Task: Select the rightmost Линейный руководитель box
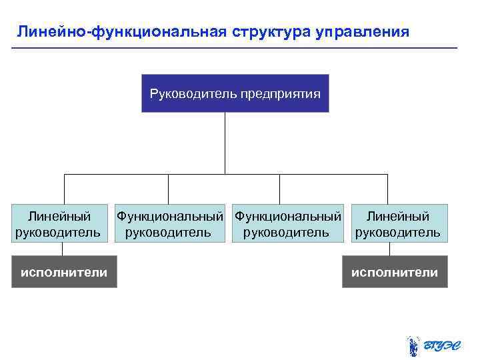397,223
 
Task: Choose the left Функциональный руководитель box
169,223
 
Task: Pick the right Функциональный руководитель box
287,223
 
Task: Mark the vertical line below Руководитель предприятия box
225,143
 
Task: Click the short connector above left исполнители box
63,249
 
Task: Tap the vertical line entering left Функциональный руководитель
168,190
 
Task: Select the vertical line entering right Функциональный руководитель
279,190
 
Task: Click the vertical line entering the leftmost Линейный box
63,190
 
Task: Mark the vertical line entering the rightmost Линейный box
387,190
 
